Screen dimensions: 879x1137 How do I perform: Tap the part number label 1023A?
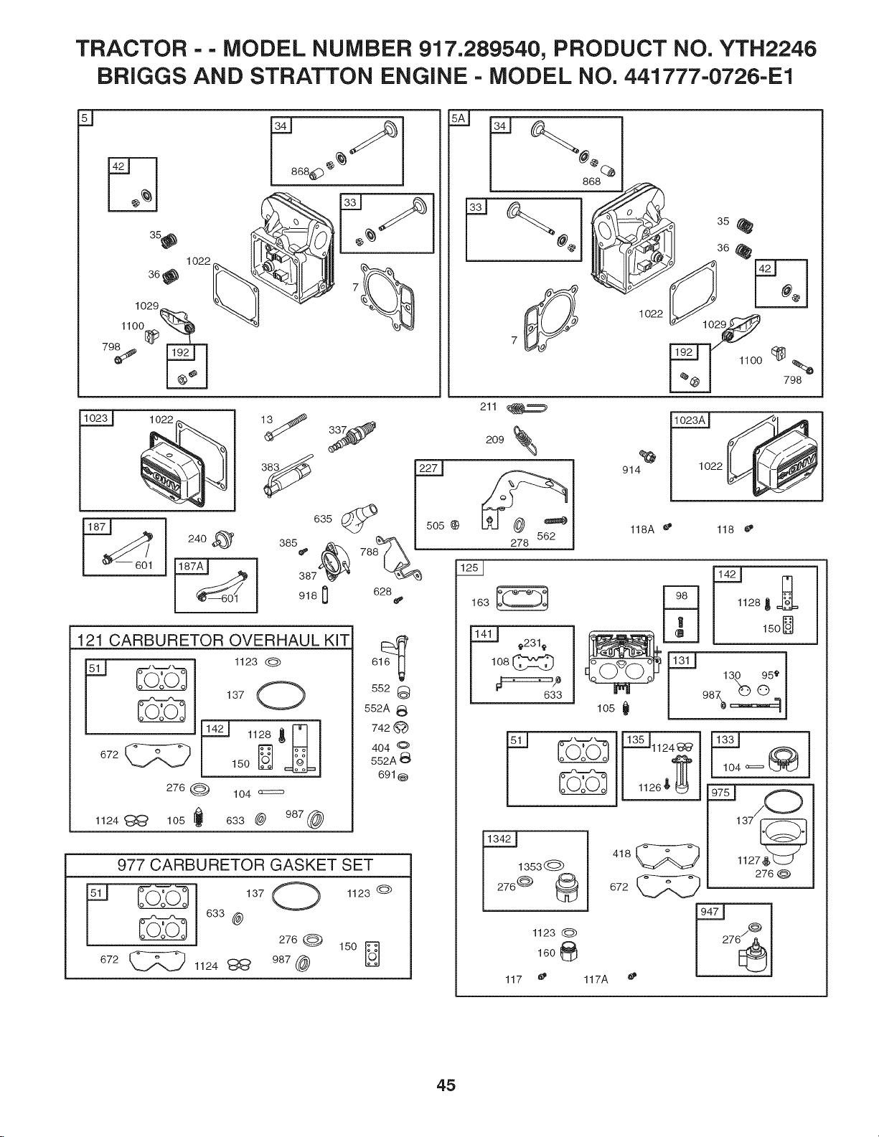click(690, 420)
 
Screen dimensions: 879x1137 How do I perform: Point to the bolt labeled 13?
click(286, 427)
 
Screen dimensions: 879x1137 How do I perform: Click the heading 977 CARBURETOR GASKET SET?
click(245, 865)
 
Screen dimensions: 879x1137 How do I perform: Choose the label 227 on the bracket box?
click(428, 468)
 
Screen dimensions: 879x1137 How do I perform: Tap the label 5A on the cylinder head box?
click(458, 118)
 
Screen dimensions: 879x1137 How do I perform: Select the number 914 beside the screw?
click(631, 470)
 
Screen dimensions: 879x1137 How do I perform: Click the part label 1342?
click(499, 839)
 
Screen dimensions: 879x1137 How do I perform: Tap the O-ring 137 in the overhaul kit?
click(281, 696)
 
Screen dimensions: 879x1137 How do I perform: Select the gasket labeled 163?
click(522, 598)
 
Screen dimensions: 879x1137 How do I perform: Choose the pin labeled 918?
click(324, 596)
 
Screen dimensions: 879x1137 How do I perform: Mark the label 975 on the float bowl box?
click(720, 792)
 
